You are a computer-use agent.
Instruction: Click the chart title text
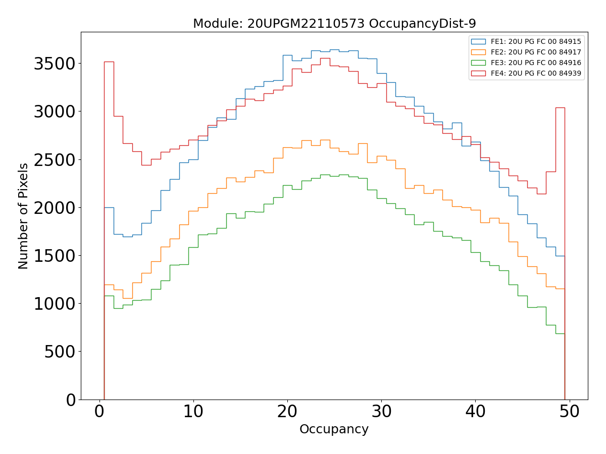[334, 24]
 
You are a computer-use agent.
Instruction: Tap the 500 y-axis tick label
[60, 352]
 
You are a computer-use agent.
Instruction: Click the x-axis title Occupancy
[334, 430]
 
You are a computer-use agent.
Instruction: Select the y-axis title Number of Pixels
[24, 216]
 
